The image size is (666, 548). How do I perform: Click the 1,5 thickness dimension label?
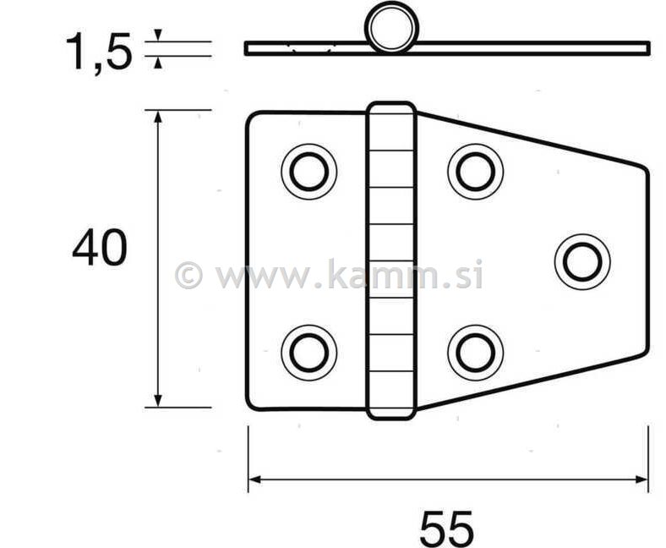(99, 52)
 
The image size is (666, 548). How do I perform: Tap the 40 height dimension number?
(100, 247)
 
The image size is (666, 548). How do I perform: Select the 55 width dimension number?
(446, 529)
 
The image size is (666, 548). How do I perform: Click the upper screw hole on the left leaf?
(308, 172)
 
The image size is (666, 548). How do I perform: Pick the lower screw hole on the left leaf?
(308, 353)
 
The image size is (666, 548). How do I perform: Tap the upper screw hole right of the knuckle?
(475, 172)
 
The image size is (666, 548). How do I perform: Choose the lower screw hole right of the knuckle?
(475, 353)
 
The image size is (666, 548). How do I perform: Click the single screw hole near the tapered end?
(582, 262)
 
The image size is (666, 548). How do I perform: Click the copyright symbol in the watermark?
(188, 275)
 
